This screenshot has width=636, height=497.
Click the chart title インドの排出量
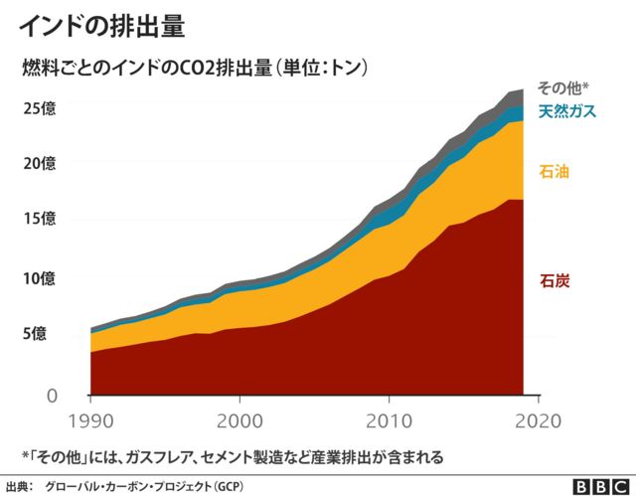(102, 26)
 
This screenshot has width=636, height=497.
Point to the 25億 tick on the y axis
(41, 107)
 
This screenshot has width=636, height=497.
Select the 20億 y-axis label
(41, 163)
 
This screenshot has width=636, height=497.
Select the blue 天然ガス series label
(567, 111)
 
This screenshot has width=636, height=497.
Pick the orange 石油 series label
(554, 172)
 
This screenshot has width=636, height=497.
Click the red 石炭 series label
(554, 281)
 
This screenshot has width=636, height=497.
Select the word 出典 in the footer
(19, 486)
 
